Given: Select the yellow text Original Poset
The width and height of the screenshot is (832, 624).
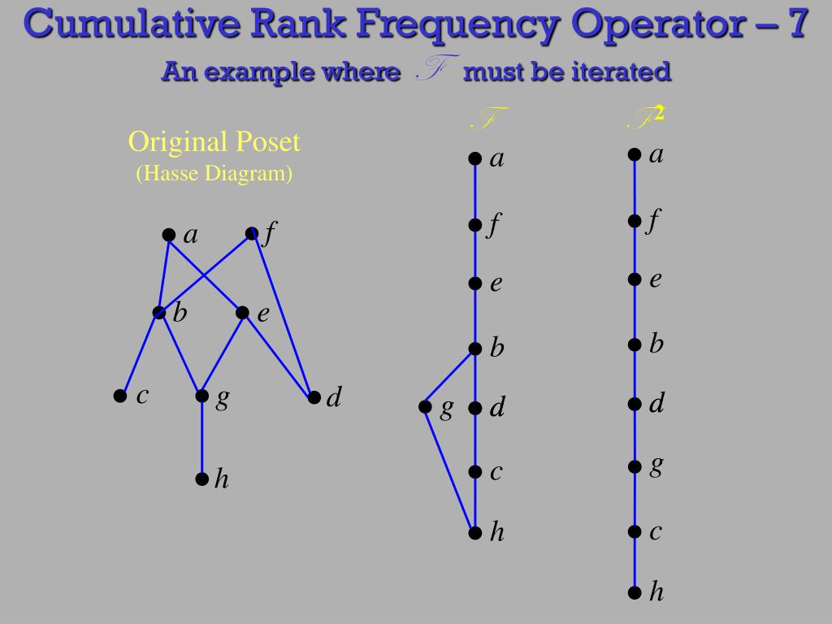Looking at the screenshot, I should click(214, 142).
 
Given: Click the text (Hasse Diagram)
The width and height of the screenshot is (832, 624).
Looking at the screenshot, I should click(214, 173).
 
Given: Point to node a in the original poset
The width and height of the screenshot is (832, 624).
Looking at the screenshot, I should click(168, 235).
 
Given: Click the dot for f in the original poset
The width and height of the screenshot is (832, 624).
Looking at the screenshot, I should click(252, 234).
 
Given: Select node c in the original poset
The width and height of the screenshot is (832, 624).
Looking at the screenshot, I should click(120, 396).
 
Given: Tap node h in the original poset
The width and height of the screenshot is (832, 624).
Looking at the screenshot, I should click(201, 479).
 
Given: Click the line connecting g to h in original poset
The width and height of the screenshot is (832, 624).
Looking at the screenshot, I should click(201, 439).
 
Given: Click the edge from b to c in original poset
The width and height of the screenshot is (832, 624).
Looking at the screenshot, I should click(140, 354).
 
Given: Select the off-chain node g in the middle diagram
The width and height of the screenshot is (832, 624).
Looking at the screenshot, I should click(425, 406).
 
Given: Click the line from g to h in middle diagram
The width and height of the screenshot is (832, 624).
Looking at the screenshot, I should click(449, 469).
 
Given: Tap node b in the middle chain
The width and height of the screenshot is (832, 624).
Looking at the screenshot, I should click(474, 349).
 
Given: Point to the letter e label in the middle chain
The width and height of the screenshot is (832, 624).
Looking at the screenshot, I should click(496, 284).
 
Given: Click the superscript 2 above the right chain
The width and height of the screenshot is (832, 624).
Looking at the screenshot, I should click(659, 113).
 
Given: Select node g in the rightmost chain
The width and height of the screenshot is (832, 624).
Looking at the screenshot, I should click(634, 466).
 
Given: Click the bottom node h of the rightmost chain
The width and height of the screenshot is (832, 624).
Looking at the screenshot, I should click(634, 592).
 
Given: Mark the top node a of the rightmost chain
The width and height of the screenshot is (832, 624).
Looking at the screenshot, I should click(634, 154).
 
